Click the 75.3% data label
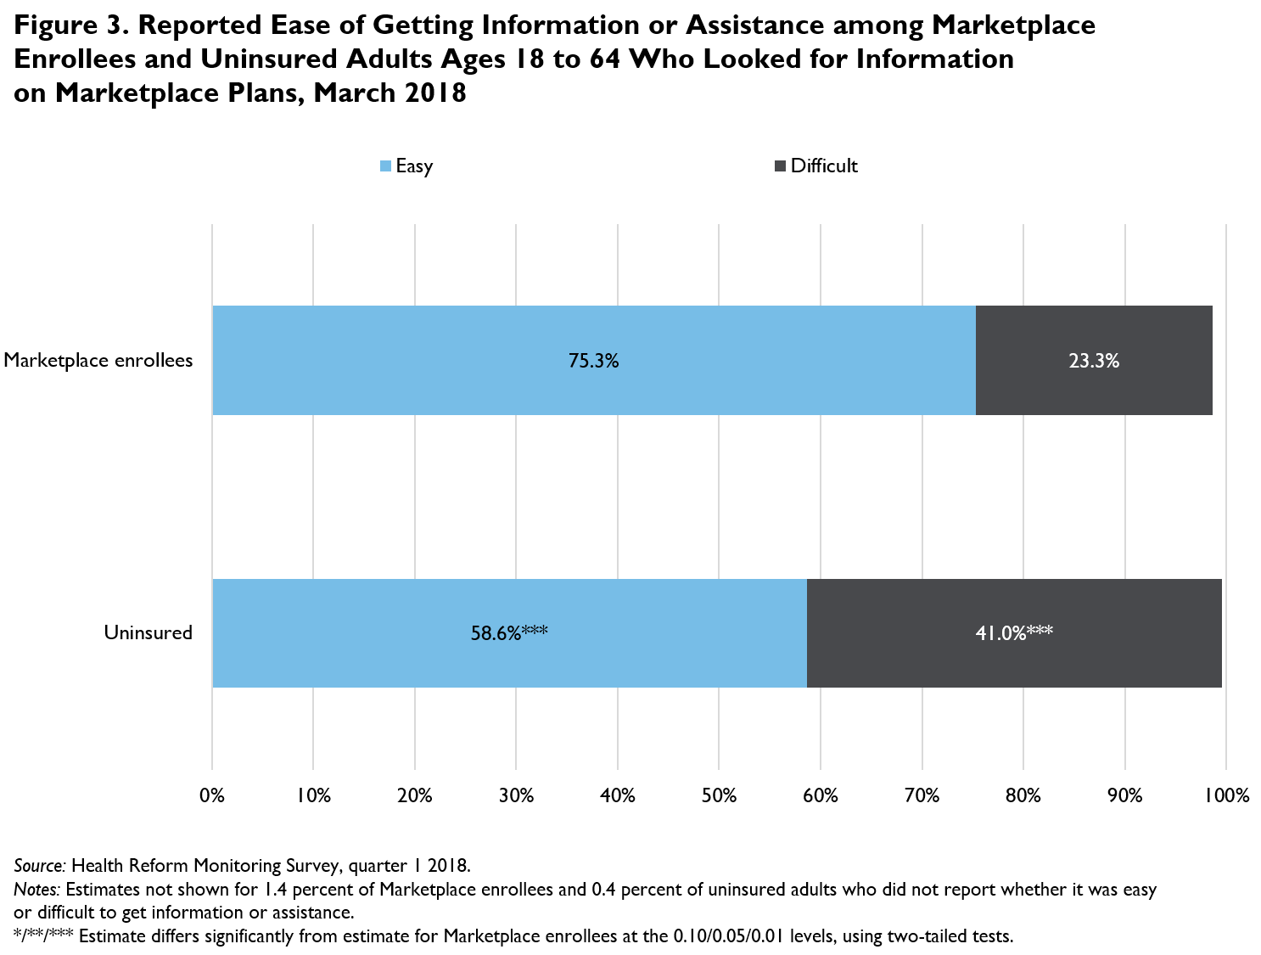tap(593, 361)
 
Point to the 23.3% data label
tap(1094, 361)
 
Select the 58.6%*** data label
tap(508, 633)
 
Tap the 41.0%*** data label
tap(1014, 633)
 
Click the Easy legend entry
tap(406, 166)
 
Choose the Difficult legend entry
tap(815, 166)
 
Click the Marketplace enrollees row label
tap(98, 360)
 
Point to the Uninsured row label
tap(149, 632)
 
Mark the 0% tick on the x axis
tap(212, 795)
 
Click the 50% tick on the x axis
tap(719, 795)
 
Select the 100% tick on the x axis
tap(1225, 795)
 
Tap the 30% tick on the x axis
tap(516, 795)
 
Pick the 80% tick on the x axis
tap(1023, 795)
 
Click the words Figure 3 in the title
tap(68, 25)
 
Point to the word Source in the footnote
tap(39, 866)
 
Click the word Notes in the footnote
tap(36, 890)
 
